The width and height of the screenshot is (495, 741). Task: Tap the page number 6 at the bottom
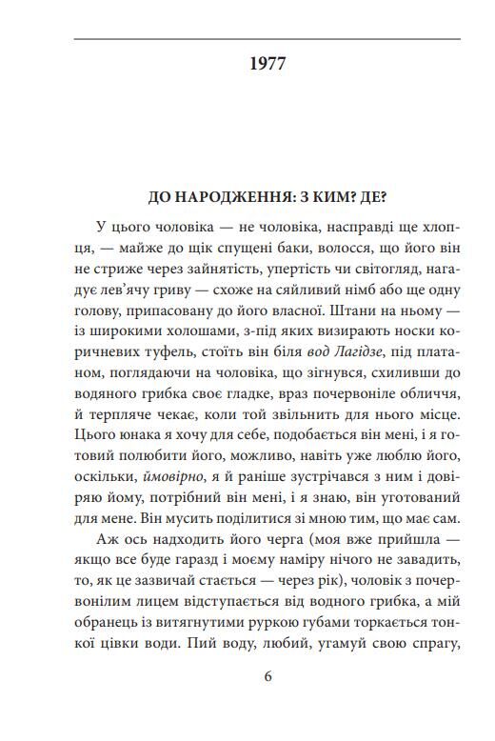pos(267,677)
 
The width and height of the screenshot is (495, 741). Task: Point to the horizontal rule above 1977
pos(267,39)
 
